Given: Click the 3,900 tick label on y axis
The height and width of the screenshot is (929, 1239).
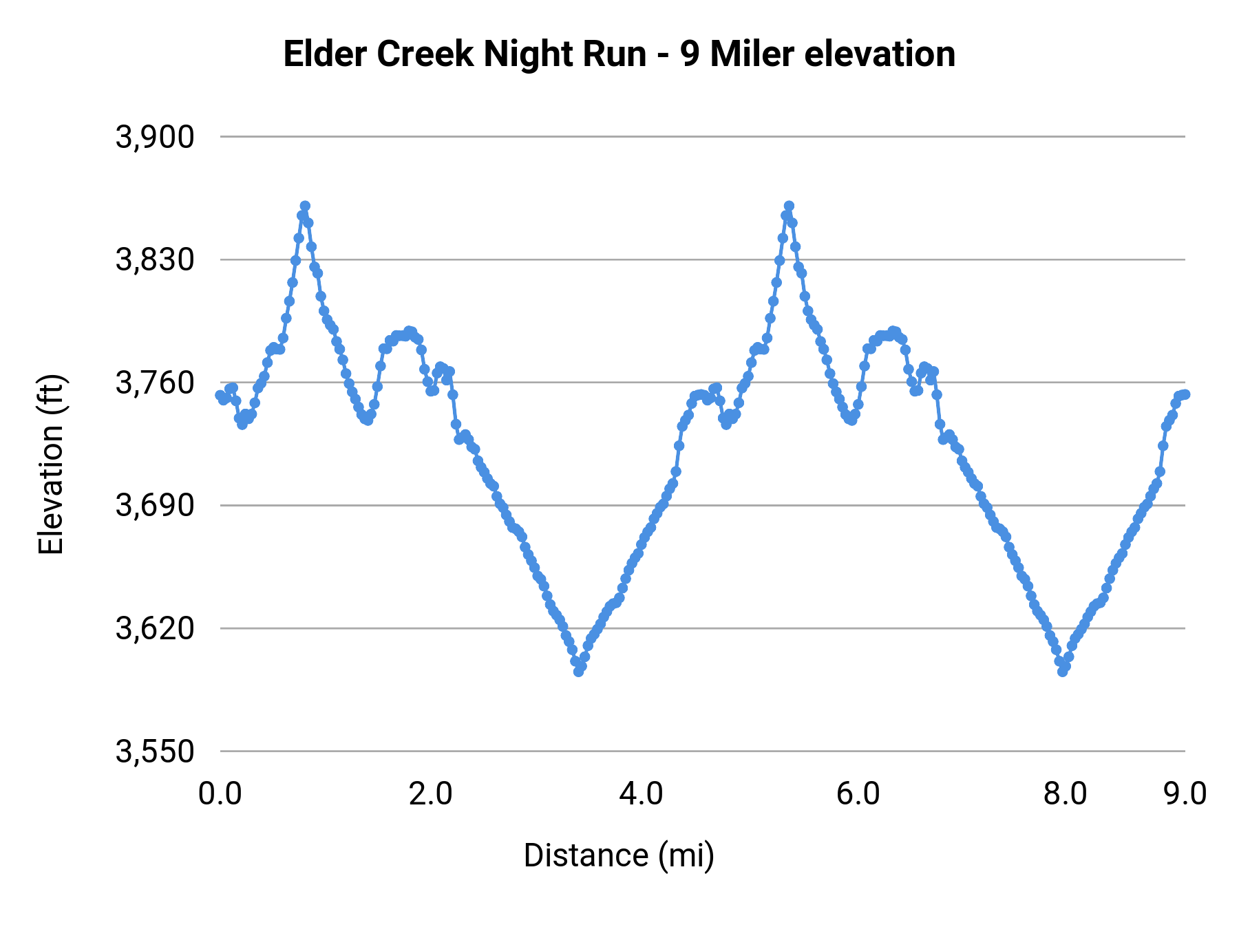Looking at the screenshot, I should (155, 138).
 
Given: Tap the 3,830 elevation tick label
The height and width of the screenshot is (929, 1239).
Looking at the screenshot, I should (155, 260).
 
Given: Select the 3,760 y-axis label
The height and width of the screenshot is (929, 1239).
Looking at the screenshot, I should (155, 383).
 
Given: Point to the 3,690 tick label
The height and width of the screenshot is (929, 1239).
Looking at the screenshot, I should (155, 506).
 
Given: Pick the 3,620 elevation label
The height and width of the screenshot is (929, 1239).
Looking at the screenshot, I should (155, 628).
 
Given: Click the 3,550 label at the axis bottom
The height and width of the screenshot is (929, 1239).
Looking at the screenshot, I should (155, 751).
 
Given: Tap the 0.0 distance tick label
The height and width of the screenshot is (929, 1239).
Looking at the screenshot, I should (220, 793).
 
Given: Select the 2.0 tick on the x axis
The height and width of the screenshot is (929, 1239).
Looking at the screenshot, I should (430, 793).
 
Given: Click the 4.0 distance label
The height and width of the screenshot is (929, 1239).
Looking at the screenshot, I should (641, 793).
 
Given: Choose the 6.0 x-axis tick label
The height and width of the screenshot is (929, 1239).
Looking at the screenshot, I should (858, 793).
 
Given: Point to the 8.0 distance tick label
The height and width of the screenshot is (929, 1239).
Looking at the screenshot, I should (1065, 793).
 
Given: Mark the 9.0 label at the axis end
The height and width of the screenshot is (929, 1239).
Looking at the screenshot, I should (1185, 793).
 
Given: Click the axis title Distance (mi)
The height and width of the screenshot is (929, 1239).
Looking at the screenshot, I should (619, 855).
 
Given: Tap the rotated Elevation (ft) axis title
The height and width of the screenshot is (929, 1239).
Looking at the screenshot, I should (51, 464).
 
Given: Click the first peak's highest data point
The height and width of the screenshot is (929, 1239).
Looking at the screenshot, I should (305, 206).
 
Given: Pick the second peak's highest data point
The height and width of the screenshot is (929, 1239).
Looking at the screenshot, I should (789, 206).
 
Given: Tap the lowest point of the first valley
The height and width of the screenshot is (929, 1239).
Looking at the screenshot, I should (579, 672).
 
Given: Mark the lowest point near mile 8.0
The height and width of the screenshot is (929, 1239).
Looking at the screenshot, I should (1063, 672).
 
